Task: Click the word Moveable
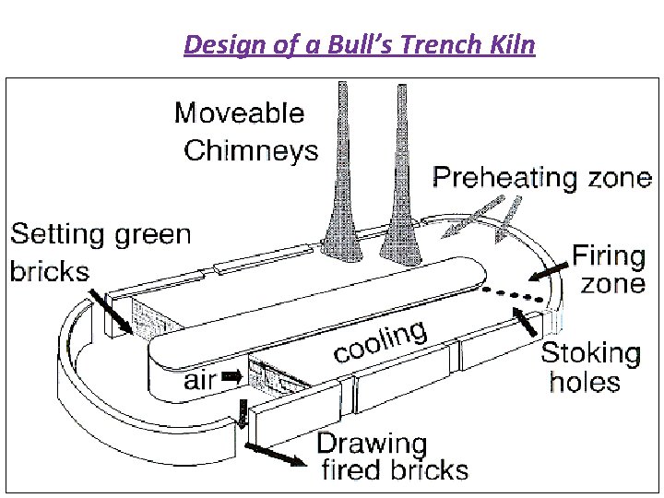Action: pos(239,113)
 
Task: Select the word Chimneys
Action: pos(251,150)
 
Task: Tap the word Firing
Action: pos(610,255)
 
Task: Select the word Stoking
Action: pos(590,352)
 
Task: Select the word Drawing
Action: pos(373,444)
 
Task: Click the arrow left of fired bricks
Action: pos(276,455)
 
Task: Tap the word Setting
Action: pos(56,234)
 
